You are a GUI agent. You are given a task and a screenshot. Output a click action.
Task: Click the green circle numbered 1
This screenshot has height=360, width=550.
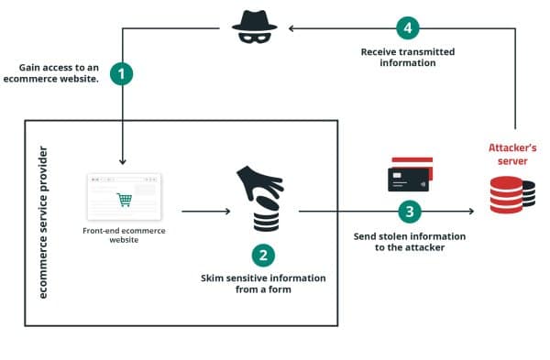coord(122,74)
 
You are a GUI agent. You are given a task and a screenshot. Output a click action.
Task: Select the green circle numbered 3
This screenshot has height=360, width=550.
coord(409,212)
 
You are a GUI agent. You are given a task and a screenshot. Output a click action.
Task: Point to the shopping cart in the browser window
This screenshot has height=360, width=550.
coord(122,199)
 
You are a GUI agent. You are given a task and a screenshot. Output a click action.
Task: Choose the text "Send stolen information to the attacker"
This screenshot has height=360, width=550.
coord(409,242)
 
